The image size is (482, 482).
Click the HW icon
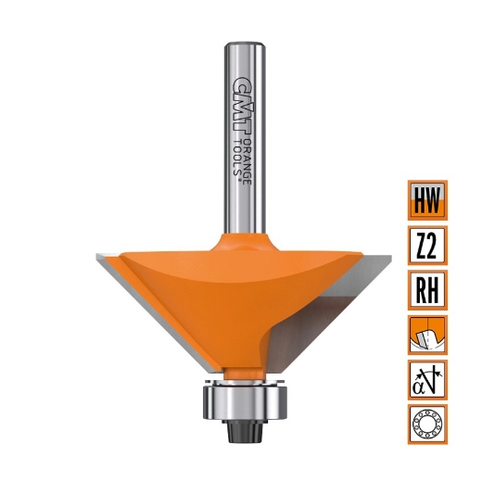coord(427,198)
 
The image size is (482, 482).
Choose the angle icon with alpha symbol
coord(427,380)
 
